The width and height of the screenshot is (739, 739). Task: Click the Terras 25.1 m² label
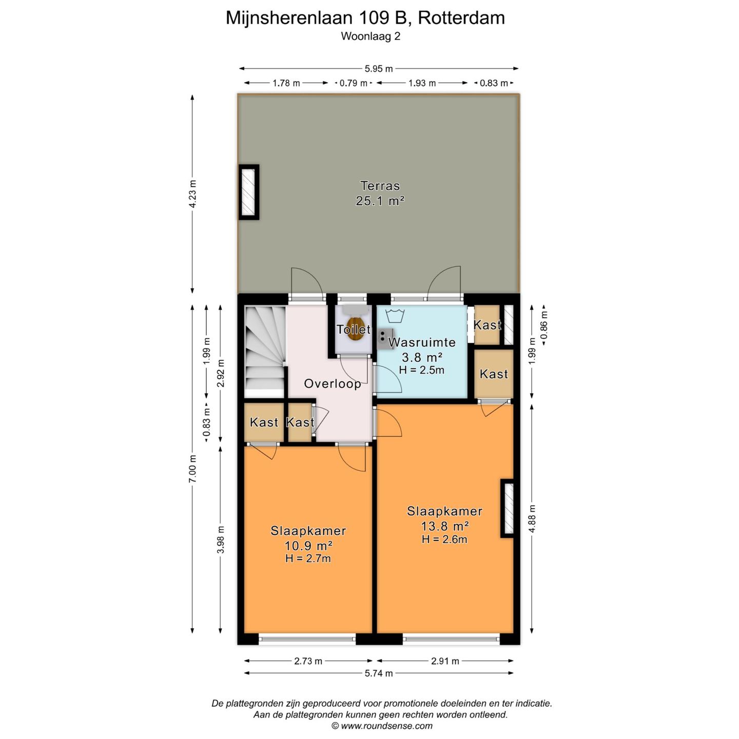[x=380, y=193]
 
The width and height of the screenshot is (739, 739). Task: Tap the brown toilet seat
[x=354, y=328]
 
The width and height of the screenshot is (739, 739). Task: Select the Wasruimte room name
[x=422, y=342]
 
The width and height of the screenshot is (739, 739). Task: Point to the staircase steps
[x=264, y=349]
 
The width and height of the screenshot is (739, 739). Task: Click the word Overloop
[x=332, y=384]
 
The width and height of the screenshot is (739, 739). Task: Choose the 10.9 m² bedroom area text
[x=308, y=546]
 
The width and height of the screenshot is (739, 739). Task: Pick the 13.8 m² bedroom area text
[x=444, y=526]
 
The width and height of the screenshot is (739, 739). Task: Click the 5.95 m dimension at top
[x=379, y=69]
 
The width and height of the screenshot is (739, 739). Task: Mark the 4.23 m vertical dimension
[x=192, y=193]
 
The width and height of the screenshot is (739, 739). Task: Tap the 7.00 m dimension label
[x=192, y=469]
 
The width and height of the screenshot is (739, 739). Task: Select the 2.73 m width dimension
[x=308, y=661]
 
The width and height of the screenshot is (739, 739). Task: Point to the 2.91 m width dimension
[x=445, y=661]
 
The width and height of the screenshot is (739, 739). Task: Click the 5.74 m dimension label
[x=379, y=673]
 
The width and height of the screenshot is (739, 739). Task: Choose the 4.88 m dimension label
[x=532, y=518]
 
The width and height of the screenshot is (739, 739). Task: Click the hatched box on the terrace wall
[x=248, y=192]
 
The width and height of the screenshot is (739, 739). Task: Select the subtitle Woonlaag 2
[x=371, y=36]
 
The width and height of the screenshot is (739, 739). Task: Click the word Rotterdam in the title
[x=461, y=18]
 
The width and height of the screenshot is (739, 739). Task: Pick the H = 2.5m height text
[x=421, y=370]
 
